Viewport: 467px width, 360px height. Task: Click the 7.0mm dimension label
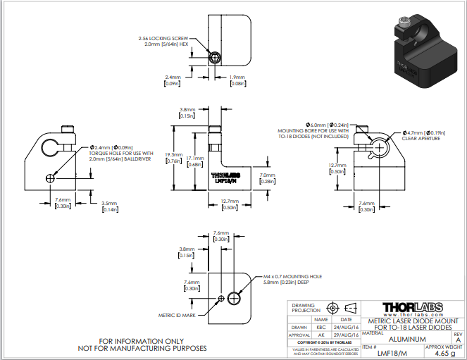pyautogui.click(x=268, y=178)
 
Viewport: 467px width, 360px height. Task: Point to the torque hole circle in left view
pyautogui.click(x=49, y=178)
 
